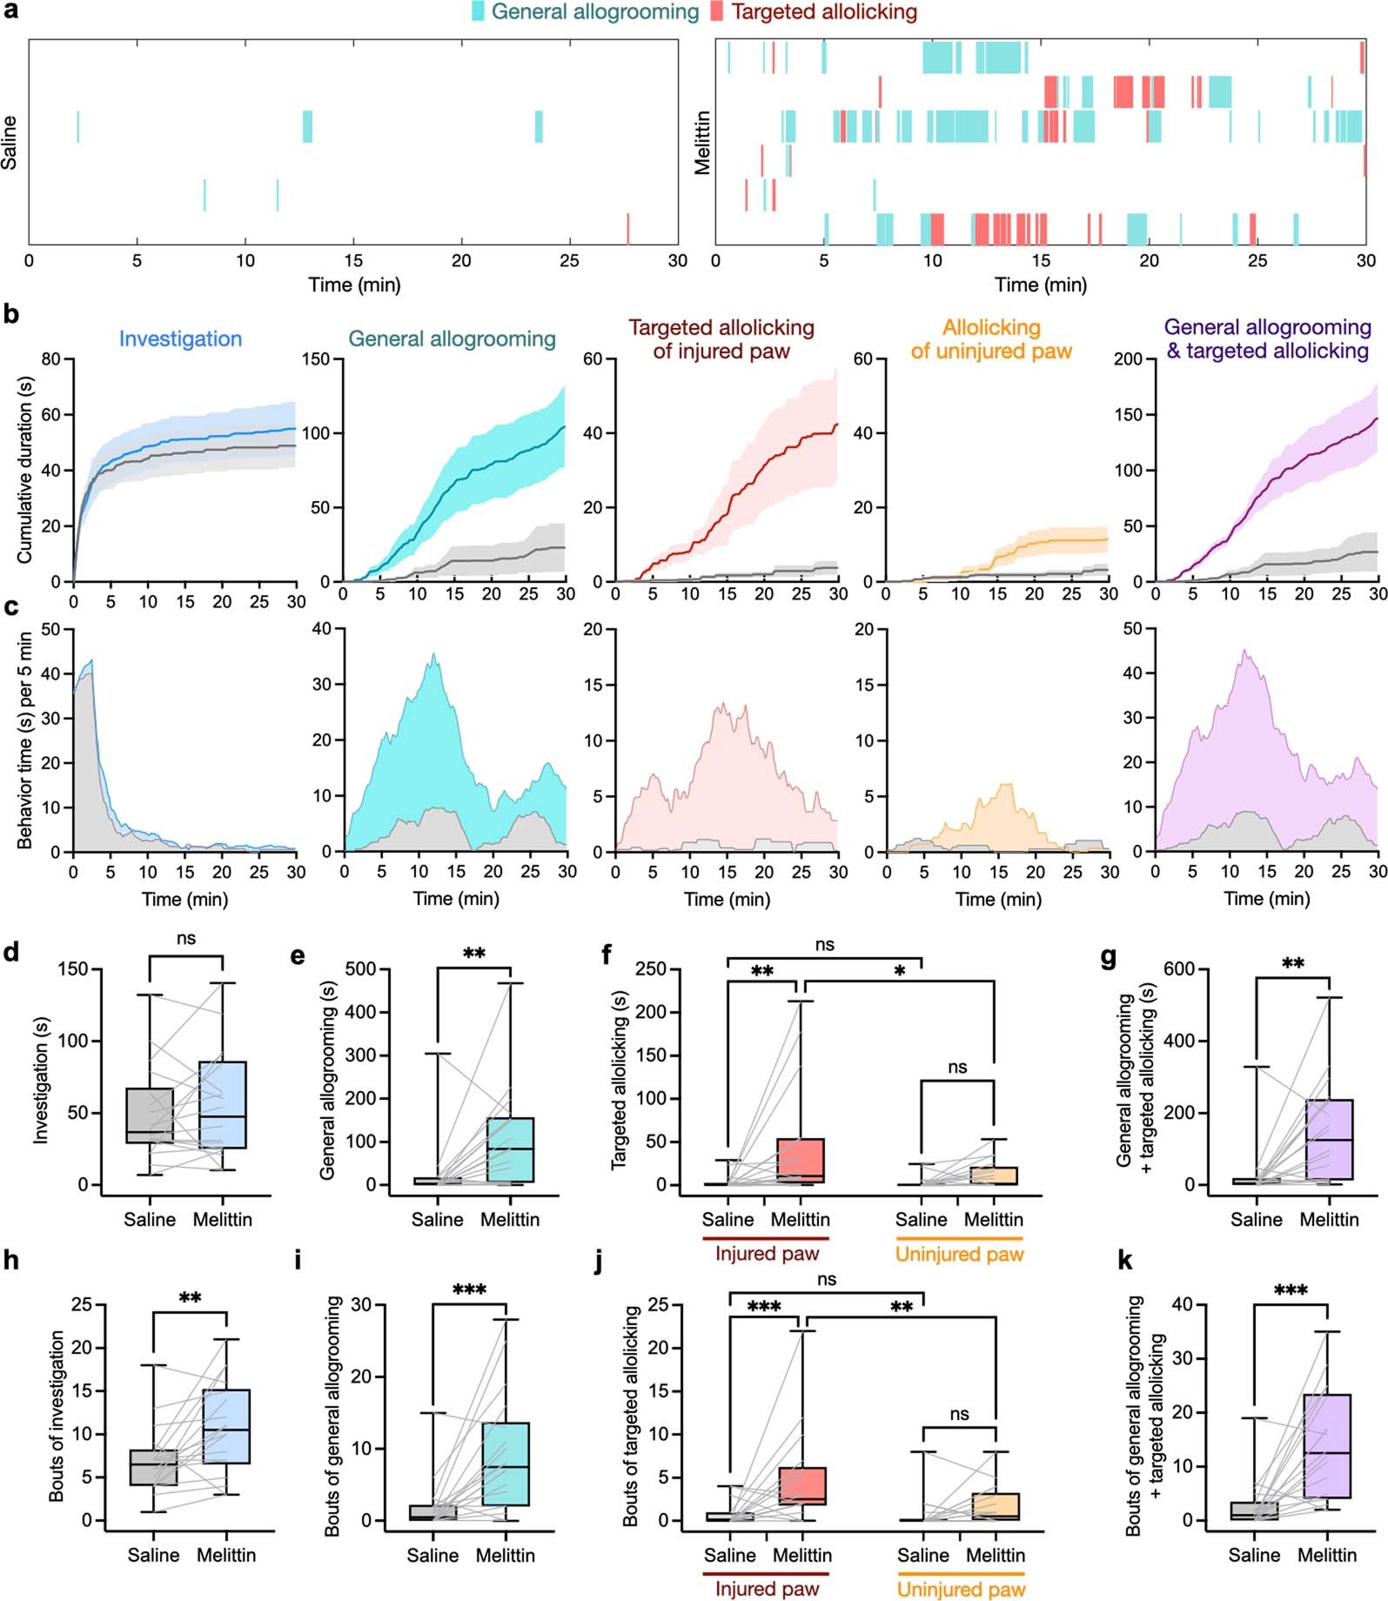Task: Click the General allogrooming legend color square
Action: [478, 12]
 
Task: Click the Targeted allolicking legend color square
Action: [716, 12]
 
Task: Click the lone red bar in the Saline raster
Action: [627, 228]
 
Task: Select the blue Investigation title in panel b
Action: [180, 339]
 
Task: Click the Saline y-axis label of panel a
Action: [10, 143]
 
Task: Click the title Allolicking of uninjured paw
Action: [991, 339]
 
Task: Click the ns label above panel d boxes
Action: [185, 938]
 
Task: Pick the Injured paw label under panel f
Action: [767, 1254]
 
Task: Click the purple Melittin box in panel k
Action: [1328, 1445]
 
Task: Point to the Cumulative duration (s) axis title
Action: [24, 470]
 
